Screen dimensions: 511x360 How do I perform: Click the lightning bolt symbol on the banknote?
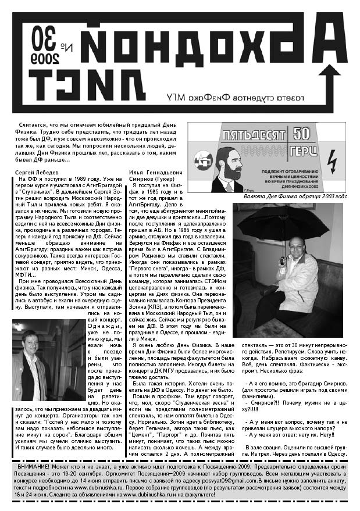pos(333,159)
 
